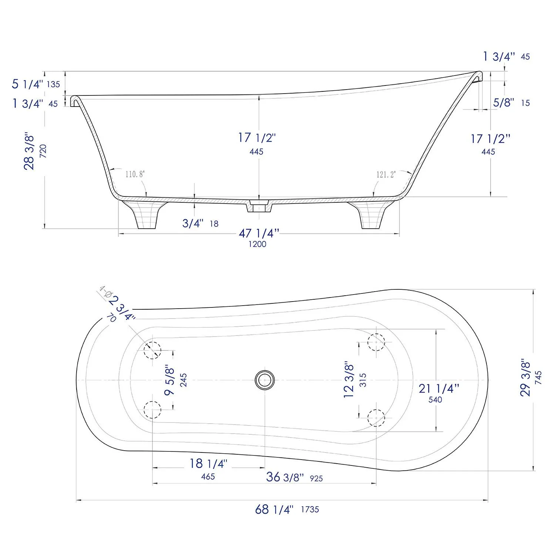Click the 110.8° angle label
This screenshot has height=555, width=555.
(135, 174)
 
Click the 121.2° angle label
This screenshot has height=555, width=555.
(386, 174)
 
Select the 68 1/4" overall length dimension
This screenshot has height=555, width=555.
(274, 509)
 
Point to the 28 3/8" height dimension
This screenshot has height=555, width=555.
(29, 151)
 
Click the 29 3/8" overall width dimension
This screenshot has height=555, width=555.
(525, 377)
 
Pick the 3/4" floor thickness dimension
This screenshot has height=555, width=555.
(193, 223)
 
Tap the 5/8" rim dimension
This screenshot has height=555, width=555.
(504, 102)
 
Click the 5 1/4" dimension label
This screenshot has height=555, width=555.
(27, 84)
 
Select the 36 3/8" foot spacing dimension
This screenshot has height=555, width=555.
(285, 477)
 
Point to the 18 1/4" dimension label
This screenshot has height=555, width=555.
(208, 464)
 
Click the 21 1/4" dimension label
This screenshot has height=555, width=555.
(439, 388)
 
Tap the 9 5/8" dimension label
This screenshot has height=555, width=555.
(169, 380)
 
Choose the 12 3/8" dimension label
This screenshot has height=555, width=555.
(349, 380)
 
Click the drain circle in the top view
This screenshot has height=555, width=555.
(265, 380)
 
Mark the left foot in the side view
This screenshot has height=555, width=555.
(146, 215)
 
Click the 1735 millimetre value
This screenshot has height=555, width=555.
(310, 509)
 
